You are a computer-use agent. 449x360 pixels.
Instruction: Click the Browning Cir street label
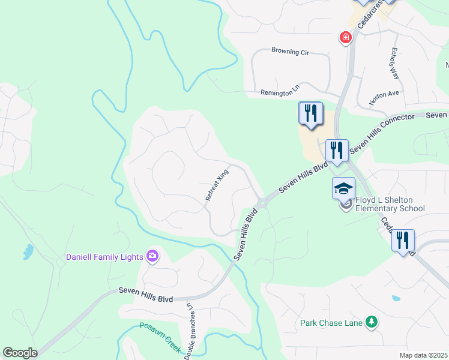tap(289, 52)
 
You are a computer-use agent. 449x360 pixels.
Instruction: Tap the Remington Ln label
tap(280, 92)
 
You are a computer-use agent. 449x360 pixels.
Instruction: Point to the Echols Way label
tap(394, 63)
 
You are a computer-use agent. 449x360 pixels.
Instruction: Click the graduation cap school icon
tap(344, 188)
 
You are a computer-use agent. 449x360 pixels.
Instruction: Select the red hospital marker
tap(346, 38)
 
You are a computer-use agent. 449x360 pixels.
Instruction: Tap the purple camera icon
tap(152, 257)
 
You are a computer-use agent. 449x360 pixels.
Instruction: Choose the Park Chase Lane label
tap(331, 323)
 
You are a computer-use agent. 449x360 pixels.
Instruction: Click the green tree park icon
tap(372, 322)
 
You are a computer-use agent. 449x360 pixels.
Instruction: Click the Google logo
tap(20, 353)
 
